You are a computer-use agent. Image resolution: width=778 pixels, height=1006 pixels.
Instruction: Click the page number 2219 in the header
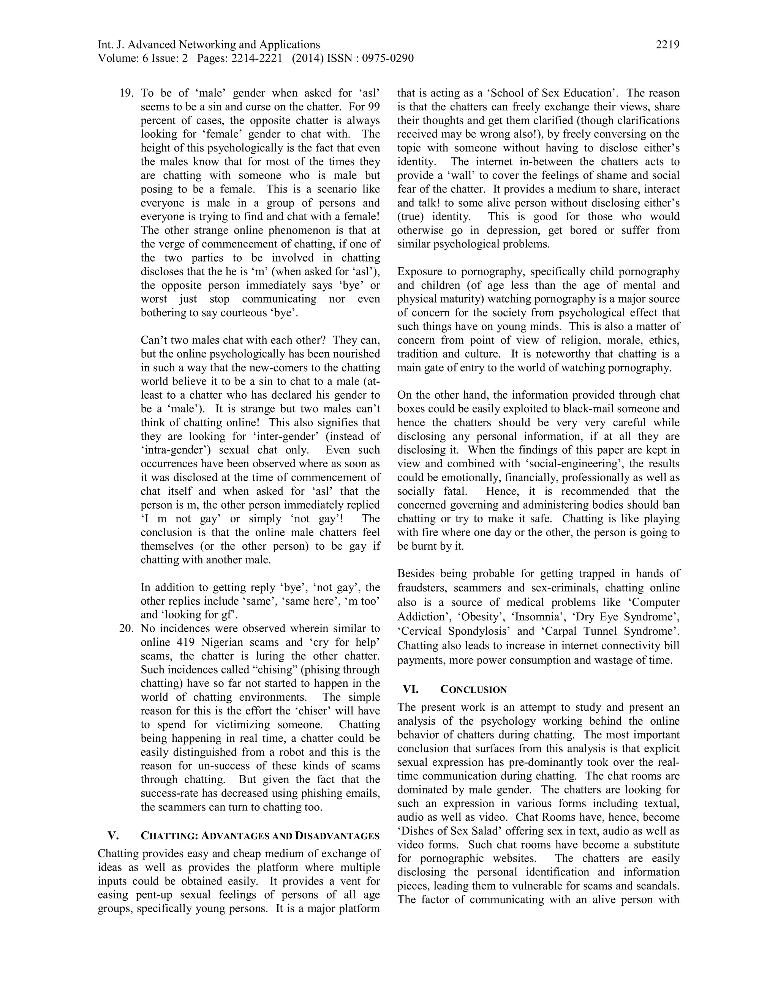coord(667,45)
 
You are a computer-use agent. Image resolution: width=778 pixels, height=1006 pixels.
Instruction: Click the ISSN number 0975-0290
coord(387,58)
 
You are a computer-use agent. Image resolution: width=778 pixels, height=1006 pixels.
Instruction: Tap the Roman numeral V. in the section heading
coord(113,836)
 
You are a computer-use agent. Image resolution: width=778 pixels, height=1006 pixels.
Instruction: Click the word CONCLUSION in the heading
coord(473,689)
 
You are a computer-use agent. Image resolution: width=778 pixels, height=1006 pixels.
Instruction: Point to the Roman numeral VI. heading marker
coord(411,689)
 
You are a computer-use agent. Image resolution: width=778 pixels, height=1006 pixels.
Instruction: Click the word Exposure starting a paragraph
coord(419,271)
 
